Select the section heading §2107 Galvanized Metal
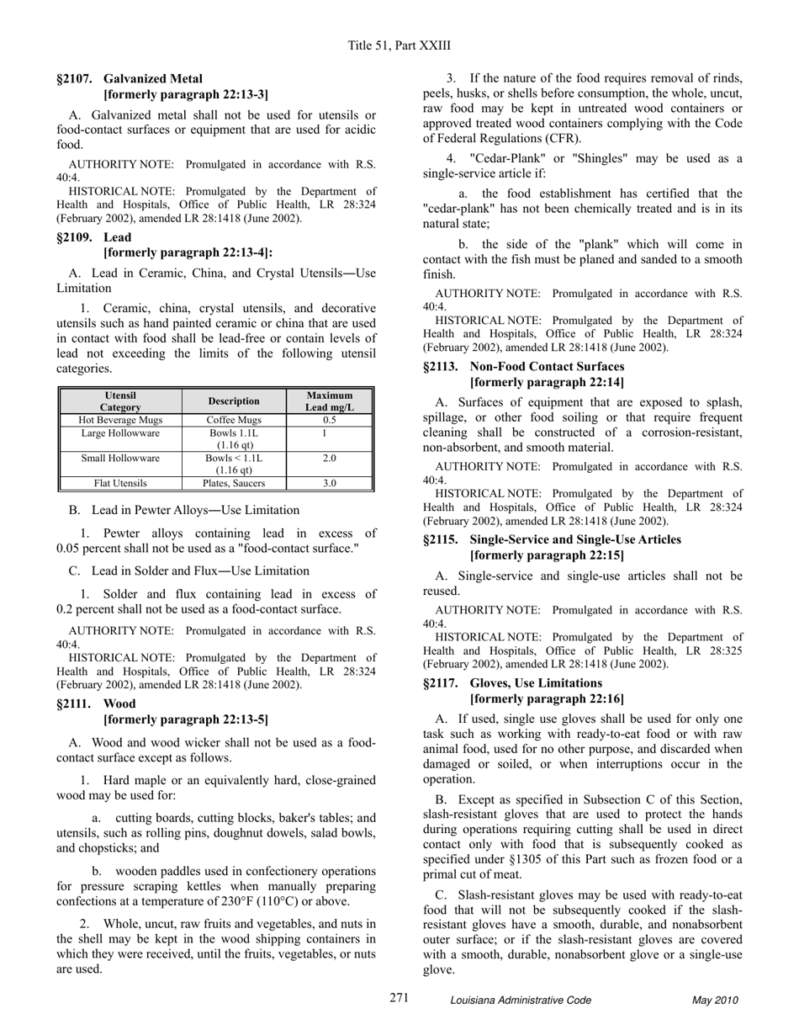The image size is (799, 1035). coord(130,79)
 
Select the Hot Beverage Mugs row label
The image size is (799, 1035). coord(120,420)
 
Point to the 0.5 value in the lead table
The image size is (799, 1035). coord(330,420)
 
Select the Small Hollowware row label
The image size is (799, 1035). coord(120,459)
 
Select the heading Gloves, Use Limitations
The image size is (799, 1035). coord(536,683)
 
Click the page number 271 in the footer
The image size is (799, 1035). coord(399,998)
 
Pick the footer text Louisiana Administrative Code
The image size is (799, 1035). coord(521,1000)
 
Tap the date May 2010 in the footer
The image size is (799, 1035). coord(715,1000)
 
